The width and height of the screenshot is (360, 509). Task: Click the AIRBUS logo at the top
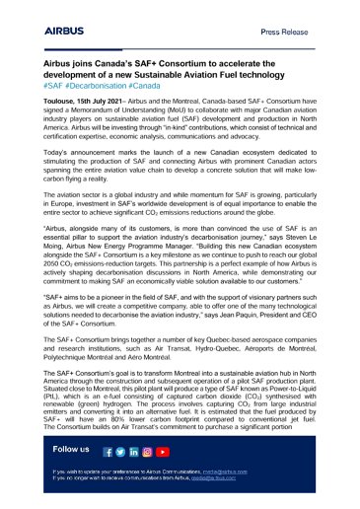pyautogui.click(x=68, y=31)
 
